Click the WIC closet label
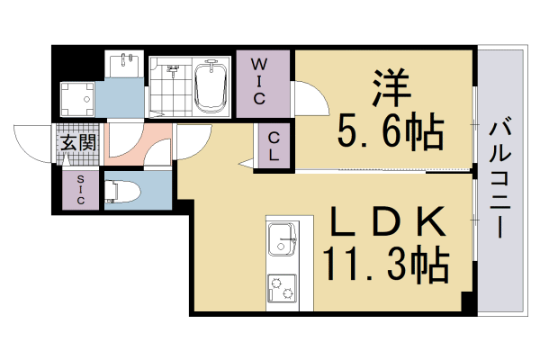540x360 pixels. click(x=258, y=82)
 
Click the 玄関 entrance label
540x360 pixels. click(x=78, y=142)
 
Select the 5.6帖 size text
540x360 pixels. click(x=390, y=135)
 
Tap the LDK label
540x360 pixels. click(x=390, y=221)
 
